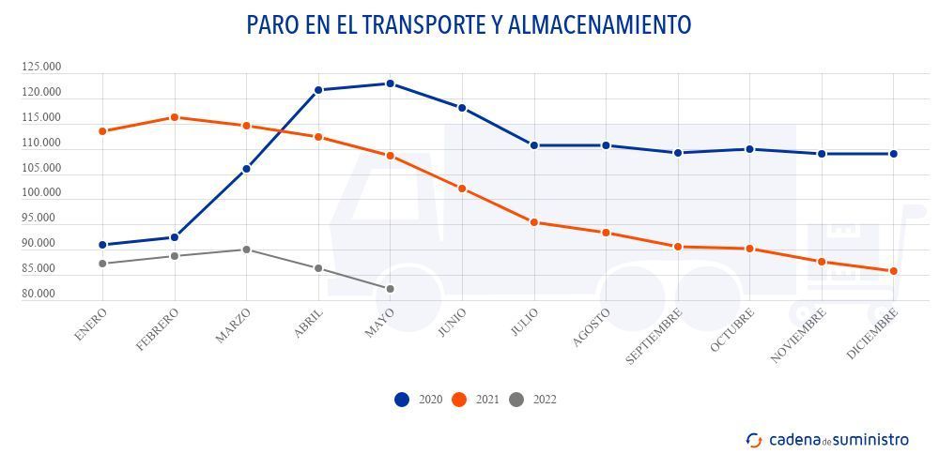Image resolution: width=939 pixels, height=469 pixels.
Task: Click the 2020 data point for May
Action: point(390,83)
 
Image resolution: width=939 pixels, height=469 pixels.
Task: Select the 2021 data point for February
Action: point(174,117)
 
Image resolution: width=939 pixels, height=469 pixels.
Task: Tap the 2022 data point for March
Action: point(246,250)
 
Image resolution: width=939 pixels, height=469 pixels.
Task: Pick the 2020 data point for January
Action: point(101,245)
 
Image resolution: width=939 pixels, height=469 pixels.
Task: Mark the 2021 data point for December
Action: point(893,271)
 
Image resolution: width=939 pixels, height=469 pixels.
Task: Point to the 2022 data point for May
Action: point(390,289)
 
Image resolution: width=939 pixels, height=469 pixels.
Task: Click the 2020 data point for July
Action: point(534,145)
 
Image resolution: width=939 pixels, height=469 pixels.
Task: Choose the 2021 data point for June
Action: point(462,189)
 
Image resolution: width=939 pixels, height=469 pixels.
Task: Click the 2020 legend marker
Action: point(402,400)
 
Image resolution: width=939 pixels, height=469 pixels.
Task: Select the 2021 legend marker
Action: point(459,400)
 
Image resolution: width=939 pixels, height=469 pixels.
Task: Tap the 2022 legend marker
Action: point(516,400)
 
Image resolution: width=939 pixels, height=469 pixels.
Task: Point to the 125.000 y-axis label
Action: point(41,68)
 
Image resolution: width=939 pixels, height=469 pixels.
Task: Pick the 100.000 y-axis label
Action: point(41,193)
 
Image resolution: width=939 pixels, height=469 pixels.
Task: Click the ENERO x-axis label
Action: point(91,324)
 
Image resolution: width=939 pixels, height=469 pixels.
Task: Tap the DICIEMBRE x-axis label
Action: point(873,332)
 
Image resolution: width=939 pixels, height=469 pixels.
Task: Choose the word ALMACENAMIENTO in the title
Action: point(599,24)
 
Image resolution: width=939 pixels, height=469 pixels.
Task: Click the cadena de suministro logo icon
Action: point(754,440)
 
